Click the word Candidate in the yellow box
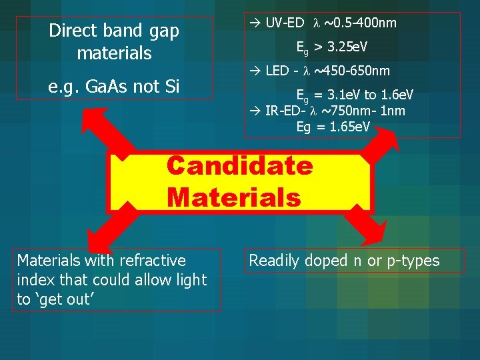(239, 165)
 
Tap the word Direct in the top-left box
(77, 31)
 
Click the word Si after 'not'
(170, 86)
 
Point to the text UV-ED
(284, 23)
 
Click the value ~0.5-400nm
(360, 23)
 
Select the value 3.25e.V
(351, 47)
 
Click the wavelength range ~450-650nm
(352, 71)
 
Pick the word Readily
(274, 261)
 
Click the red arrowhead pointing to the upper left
(90, 118)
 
